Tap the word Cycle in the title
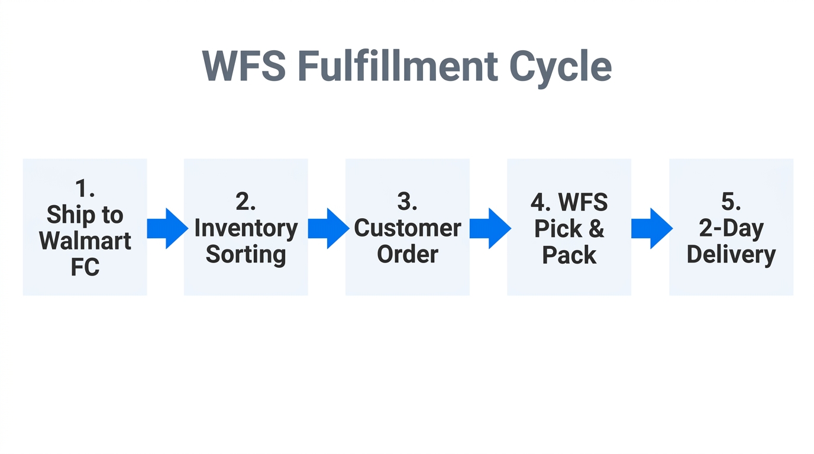560,67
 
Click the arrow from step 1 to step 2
167,228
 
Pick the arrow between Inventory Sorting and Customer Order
328,228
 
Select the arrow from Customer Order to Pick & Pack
490,228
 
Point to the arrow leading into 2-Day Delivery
651,228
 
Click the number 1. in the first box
85,189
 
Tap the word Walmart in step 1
85,241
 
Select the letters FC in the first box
85,267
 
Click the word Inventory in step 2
246,228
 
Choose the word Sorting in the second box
246,254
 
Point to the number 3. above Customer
407,202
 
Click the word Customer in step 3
407,228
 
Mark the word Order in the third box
407,254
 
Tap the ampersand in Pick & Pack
596,229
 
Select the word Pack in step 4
569,255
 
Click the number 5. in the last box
731,202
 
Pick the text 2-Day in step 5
731,228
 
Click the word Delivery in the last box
731,254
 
